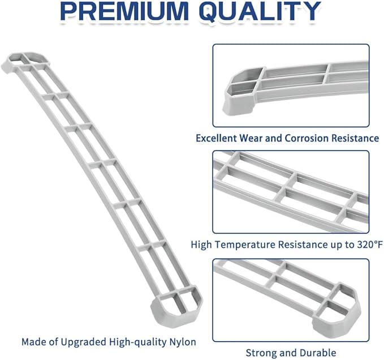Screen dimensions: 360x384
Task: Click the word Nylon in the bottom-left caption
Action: pos(183,342)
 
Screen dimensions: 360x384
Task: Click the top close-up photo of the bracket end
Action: pos(291,85)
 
